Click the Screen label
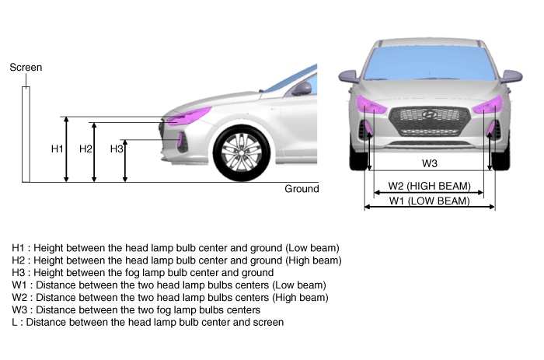[x=26, y=68]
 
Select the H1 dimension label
[x=58, y=149]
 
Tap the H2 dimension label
[x=85, y=149]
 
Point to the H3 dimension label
[x=117, y=149]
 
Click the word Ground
[x=302, y=189]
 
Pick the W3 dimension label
[x=430, y=163]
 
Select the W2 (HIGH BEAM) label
[x=430, y=186]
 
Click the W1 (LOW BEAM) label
[x=430, y=201]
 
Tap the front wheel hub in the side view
[x=242, y=152]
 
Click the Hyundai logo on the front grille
[x=430, y=114]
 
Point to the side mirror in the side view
[x=302, y=89]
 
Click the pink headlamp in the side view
[x=189, y=116]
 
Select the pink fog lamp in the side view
[x=180, y=140]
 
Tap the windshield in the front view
[x=430, y=63]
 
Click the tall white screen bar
[x=26, y=135]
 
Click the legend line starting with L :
[x=148, y=322]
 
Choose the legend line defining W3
[x=136, y=309]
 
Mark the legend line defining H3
[x=142, y=272]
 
